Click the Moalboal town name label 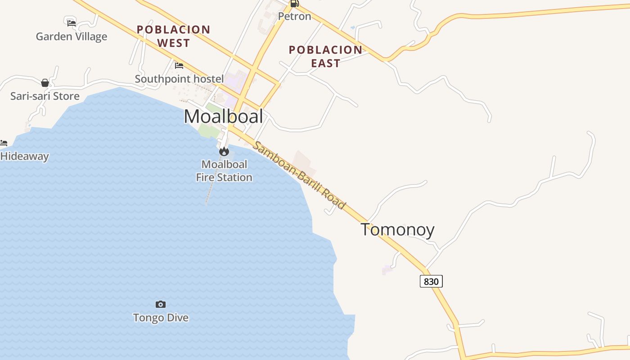pyautogui.click(x=223, y=117)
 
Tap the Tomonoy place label pyautogui.click(x=397, y=229)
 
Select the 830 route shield pyautogui.click(x=431, y=281)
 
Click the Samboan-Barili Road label pyautogui.click(x=299, y=175)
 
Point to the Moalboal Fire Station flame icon pyautogui.click(x=224, y=152)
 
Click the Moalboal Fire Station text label pyautogui.click(x=224, y=171)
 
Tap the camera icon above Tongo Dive pyautogui.click(x=161, y=305)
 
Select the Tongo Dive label pyautogui.click(x=161, y=318)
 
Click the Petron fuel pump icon pyautogui.click(x=294, y=4)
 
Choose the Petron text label pyautogui.click(x=294, y=16)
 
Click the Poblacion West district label pyautogui.click(x=173, y=36)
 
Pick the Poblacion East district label pyautogui.click(x=325, y=56)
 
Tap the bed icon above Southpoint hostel pyautogui.click(x=179, y=66)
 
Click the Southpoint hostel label pyautogui.click(x=179, y=79)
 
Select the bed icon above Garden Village pyautogui.click(x=71, y=23)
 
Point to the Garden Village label pyautogui.click(x=72, y=36)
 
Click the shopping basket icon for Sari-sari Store pyautogui.click(x=45, y=83)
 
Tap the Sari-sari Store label pyautogui.click(x=45, y=96)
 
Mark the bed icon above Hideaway pyautogui.click(x=4, y=143)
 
